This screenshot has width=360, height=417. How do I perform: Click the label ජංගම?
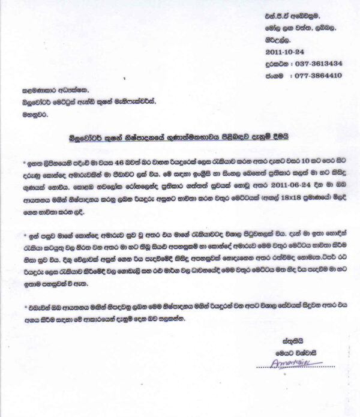tap(275, 76)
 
